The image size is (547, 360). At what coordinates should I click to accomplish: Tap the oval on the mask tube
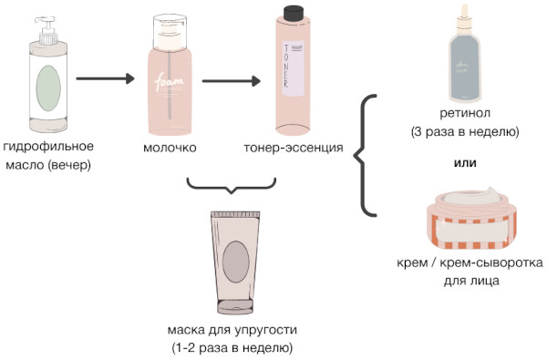tap(234, 259)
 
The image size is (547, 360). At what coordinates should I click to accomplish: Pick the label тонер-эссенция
tap(293, 148)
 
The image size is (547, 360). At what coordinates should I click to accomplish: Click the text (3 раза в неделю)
tap(465, 131)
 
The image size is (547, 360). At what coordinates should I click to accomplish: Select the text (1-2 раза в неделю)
tap(232, 346)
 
